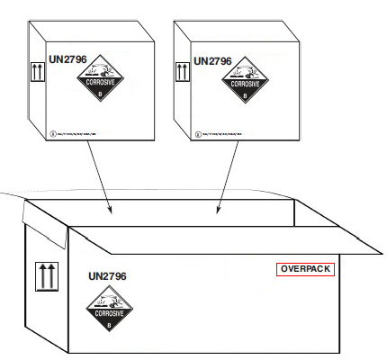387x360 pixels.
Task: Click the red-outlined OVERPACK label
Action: (305, 269)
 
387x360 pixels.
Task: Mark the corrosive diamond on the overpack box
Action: (109, 310)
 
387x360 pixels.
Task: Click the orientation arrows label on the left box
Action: (38, 71)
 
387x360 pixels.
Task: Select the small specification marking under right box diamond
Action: (234, 135)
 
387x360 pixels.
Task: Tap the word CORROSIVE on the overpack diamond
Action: (109, 314)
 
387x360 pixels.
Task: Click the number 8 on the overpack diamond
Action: (109, 327)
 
